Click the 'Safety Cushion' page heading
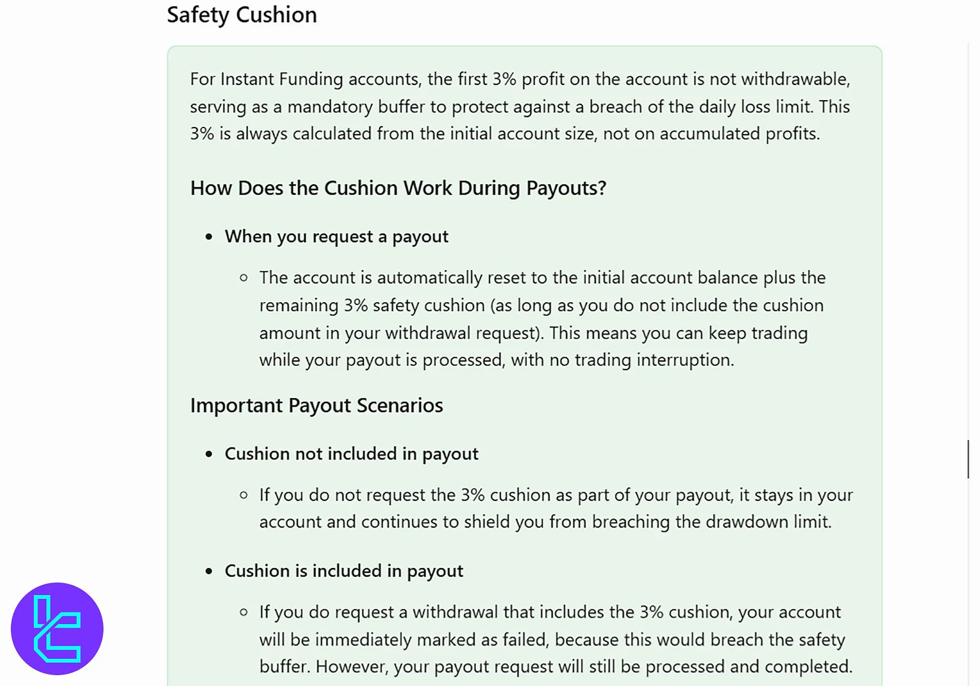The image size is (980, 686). (x=242, y=15)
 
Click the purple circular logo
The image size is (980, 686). (x=57, y=628)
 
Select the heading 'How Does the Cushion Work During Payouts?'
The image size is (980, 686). (x=398, y=188)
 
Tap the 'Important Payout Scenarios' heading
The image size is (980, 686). (x=316, y=406)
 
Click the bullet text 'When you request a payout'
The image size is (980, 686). (x=336, y=236)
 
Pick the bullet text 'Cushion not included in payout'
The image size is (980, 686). (x=351, y=454)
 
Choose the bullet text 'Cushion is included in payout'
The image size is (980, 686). (x=344, y=571)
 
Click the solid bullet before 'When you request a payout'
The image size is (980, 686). (x=209, y=237)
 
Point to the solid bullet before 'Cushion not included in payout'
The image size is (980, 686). (x=209, y=454)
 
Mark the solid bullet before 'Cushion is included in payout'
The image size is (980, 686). (x=209, y=571)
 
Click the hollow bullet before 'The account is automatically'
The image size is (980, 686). (x=244, y=278)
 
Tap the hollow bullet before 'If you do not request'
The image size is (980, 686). (x=244, y=495)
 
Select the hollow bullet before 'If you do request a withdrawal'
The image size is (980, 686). (x=244, y=612)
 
